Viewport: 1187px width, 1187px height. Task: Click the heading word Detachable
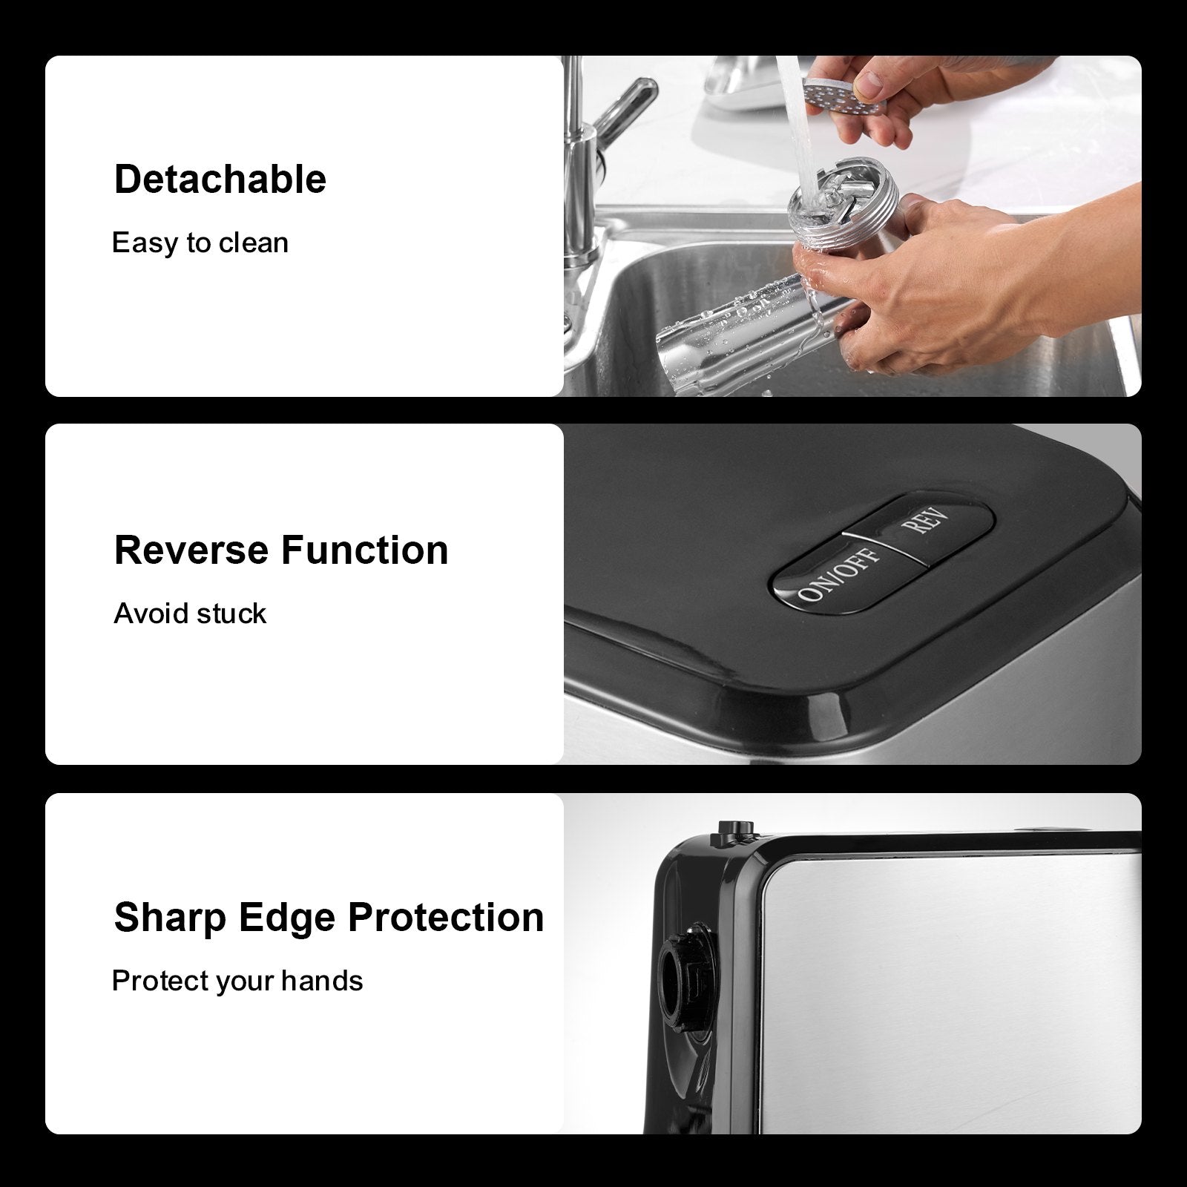coord(220,180)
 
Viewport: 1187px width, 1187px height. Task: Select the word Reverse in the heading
coord(191,550)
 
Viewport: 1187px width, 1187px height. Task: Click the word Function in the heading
coord(365,550)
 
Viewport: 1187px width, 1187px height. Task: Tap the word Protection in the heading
coord(446,918)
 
